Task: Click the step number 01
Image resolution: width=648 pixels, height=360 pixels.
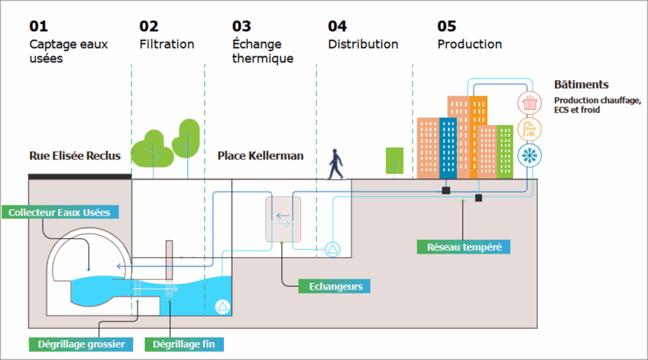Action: click(x=39, y=26)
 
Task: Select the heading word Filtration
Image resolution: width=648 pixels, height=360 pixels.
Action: click(x=167, y=44)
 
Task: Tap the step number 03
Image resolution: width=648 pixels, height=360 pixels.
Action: click(x=242, y=26)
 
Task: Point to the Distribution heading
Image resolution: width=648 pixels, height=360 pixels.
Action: click(x=363, y=44)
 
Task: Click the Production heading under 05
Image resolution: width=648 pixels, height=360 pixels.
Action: click(x=470, y=44)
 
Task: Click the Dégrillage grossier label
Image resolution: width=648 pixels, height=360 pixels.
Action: click(x=81, y=345)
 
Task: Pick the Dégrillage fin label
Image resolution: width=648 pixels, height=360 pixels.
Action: click(x=188, y=345)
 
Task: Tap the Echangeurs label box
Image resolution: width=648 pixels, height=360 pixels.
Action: click(x=335, y=287)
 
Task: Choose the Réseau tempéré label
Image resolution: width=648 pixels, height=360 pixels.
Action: click(x=464, y=246)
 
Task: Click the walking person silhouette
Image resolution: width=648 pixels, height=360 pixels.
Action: click(x=336, y=164)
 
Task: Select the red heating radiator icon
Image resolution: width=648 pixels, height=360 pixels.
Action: click(x=530, y=103)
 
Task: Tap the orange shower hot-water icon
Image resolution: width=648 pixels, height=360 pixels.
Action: click(x=530, y=129)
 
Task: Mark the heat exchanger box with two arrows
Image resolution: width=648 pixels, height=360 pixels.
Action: click(x=283, y=220)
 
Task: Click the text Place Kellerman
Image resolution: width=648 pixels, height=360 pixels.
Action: click(x=261, y=156)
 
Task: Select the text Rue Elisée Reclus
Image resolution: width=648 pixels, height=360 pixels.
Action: click(x=75, y=156)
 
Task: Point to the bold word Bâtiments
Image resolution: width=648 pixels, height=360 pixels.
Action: click(x=581, y=85)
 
